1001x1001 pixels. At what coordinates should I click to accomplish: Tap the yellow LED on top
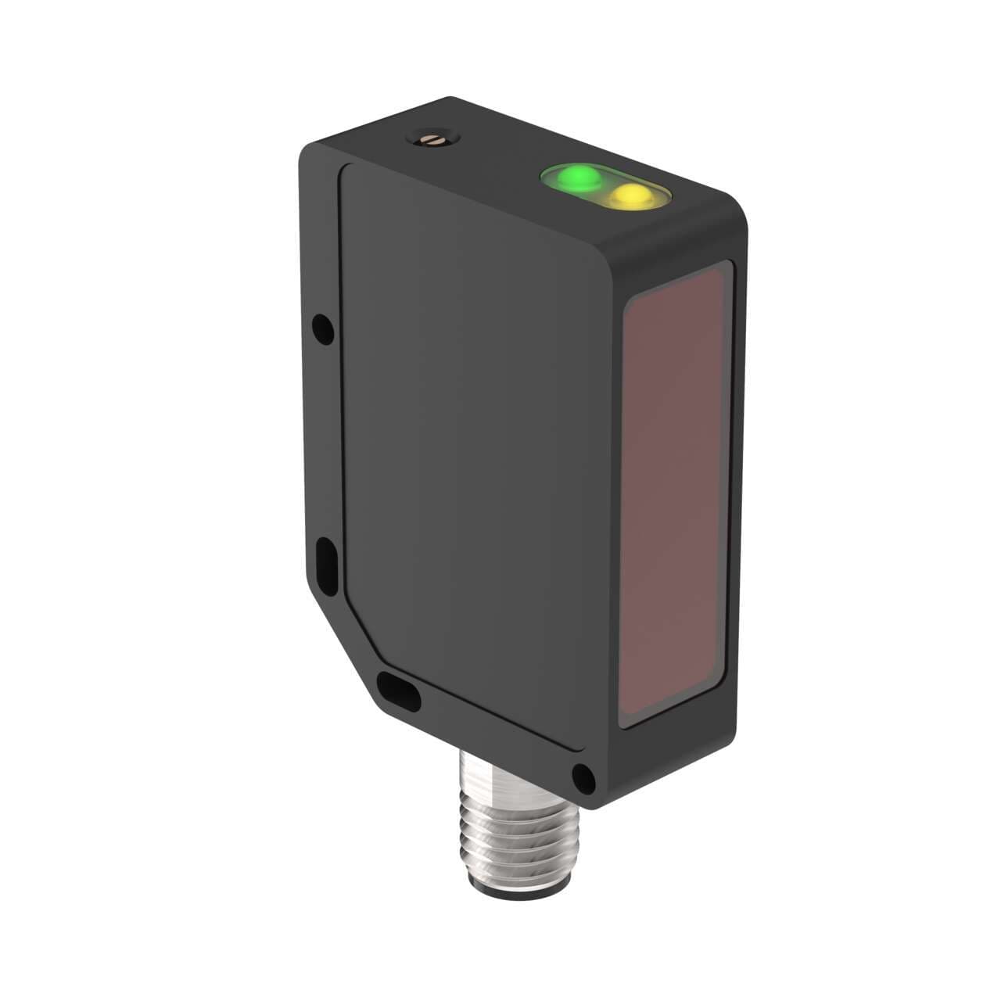[x=632, y=196]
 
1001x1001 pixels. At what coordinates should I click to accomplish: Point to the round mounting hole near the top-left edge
[x=322, y=328]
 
